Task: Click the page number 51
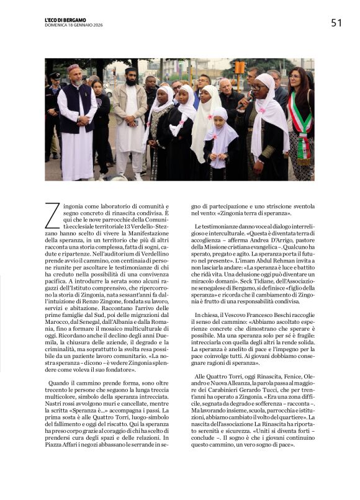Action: click(x=336, y=23)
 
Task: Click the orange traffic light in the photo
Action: click(x=238, y=68)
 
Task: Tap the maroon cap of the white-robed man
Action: click(x=74, y=67)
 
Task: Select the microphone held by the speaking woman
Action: click(x=256, y=86)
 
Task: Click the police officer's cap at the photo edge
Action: click(x=54, y=76)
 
